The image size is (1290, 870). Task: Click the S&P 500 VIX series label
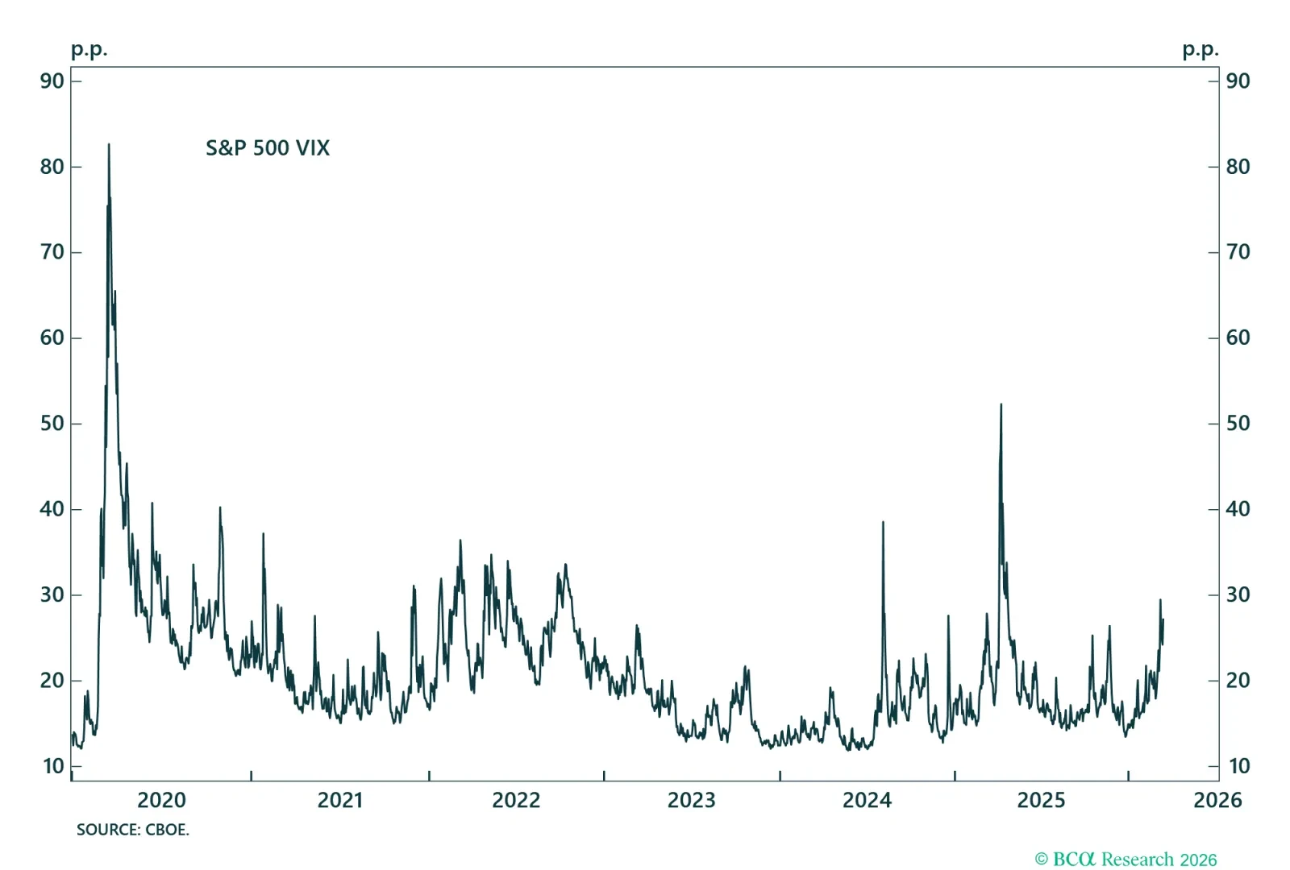(x=268, y=148)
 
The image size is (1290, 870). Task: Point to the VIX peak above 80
(x=109, y=146)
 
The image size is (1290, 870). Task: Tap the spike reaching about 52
(x=1001, y=405)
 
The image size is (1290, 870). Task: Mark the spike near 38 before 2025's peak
(x=883, y=523)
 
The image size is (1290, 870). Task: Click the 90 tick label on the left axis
(x=52, y=81)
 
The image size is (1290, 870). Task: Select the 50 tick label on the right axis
(x=1238, y=424)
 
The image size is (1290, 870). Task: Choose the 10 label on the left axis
(x=53, y=766)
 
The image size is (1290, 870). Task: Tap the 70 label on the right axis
(x=1238, y=252)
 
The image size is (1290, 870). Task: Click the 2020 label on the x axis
(x=161, y=800)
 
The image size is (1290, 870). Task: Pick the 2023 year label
(x=691, y=800)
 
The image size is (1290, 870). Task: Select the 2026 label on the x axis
(x=1217, y=800)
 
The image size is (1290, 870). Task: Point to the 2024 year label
(x=867, y=800)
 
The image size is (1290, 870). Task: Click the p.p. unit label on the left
(x=89, y=50)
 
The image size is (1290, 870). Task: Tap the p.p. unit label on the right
(x=1201, y=50)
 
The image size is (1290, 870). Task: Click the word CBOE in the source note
(x=167, y=830)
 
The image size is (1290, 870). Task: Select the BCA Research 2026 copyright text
(x=1126, y=860)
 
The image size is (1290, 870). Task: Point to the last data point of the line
(x=1163, y=619)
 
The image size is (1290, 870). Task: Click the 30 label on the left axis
(x=52, y=594)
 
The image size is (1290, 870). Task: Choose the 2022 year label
(x=516, y=800)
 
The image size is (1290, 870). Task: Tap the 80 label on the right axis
(x=1238, y=167)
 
